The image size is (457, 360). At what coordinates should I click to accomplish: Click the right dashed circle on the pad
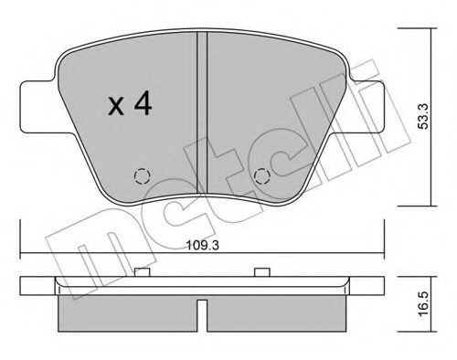coord(263,176)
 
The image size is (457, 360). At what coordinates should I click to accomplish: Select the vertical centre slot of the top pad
coord(203,110)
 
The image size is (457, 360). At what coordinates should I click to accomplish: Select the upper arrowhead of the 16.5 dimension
coord(430,276)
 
